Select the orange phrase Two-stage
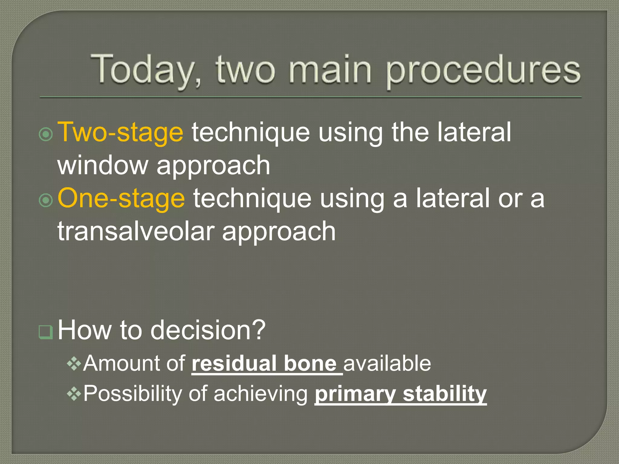click(x=120, y=132)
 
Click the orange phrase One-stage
click(x=121, y=198)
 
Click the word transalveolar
click(x=136, y=231)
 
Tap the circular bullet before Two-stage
click(x=46, y=134)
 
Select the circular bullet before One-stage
click(x=46, y=200)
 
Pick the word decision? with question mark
click(x=208, y=330)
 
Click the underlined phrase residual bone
click(x=264, y=363)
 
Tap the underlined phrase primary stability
click(x=400, y=394)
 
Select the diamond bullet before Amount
click(x=74, y=364)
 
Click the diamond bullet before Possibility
click(x=74, y=394)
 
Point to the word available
click(x=387, y=363)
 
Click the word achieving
click(x=261, y=394)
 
